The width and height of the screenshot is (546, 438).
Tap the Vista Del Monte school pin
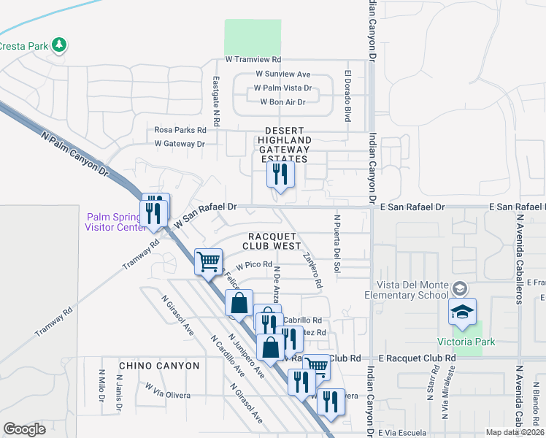pos(462,312)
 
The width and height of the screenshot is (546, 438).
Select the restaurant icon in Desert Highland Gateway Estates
pos(280,175)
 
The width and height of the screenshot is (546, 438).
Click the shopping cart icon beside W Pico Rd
pos(209,261)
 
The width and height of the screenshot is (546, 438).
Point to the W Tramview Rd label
pos(253,59)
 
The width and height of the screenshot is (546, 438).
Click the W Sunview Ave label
pos(283,74)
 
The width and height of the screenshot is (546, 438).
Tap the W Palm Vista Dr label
pos(282,88)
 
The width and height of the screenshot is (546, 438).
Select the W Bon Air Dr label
pos(282,101)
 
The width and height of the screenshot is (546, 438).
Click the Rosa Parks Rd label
pos(180,130)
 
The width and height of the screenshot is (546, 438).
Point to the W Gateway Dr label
pos(180,144)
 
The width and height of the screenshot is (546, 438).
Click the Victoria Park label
pos(466,342)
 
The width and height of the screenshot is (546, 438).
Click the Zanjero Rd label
pos(312,269)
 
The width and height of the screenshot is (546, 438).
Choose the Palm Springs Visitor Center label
pos(116,221)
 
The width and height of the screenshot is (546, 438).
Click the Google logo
pos(24,429)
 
